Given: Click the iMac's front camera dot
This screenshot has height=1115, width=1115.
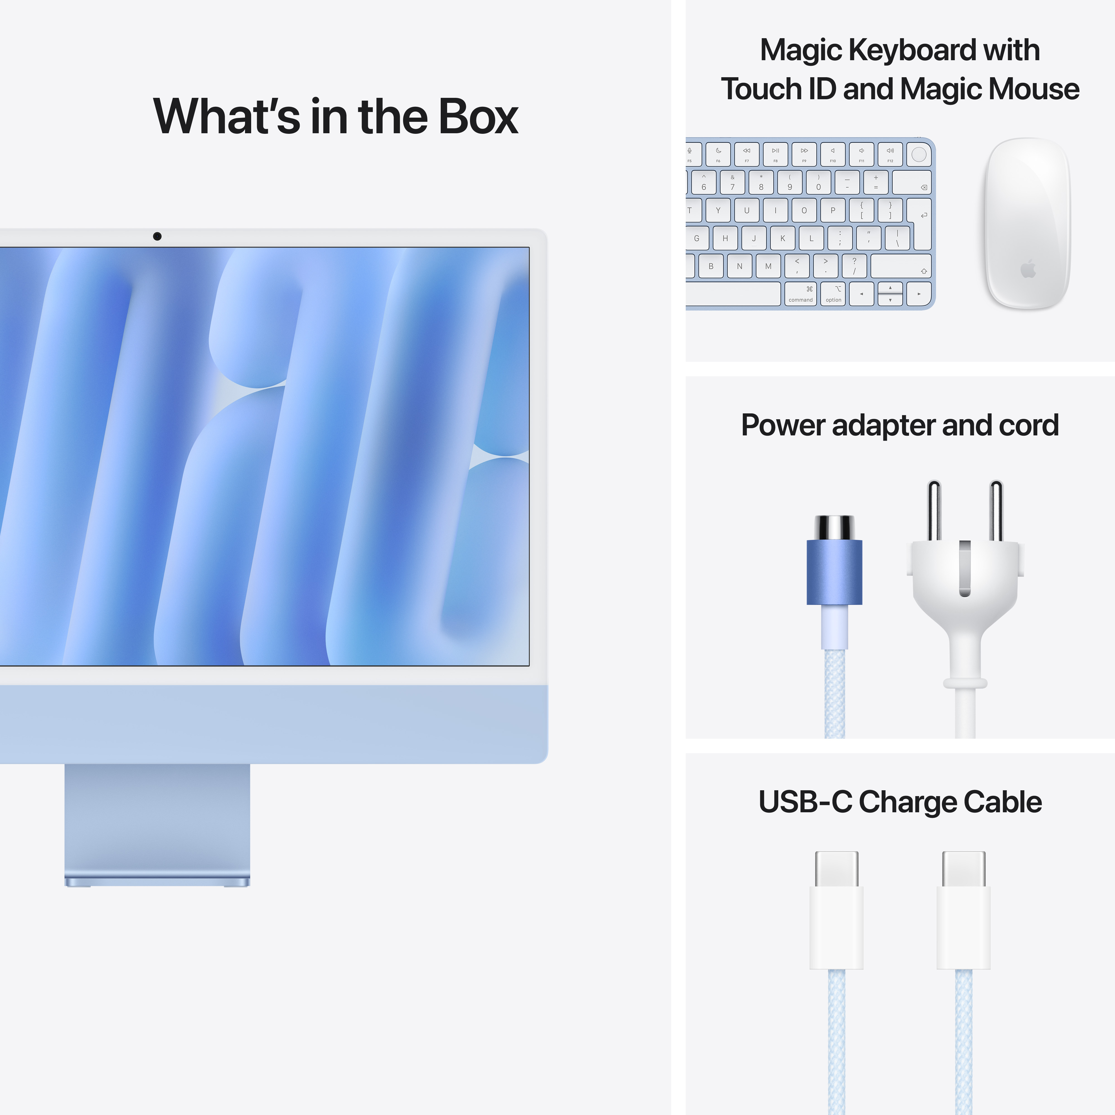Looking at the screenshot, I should point(157,236).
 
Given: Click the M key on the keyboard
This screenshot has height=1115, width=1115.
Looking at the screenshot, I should point(768,266).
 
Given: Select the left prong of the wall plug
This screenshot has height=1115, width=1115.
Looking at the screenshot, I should point(934,511).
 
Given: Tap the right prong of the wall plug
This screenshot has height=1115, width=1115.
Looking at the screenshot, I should point(995,511).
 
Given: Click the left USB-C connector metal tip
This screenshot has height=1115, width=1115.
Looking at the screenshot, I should point(836,869).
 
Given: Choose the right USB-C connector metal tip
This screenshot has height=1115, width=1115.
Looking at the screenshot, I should point(963,869).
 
